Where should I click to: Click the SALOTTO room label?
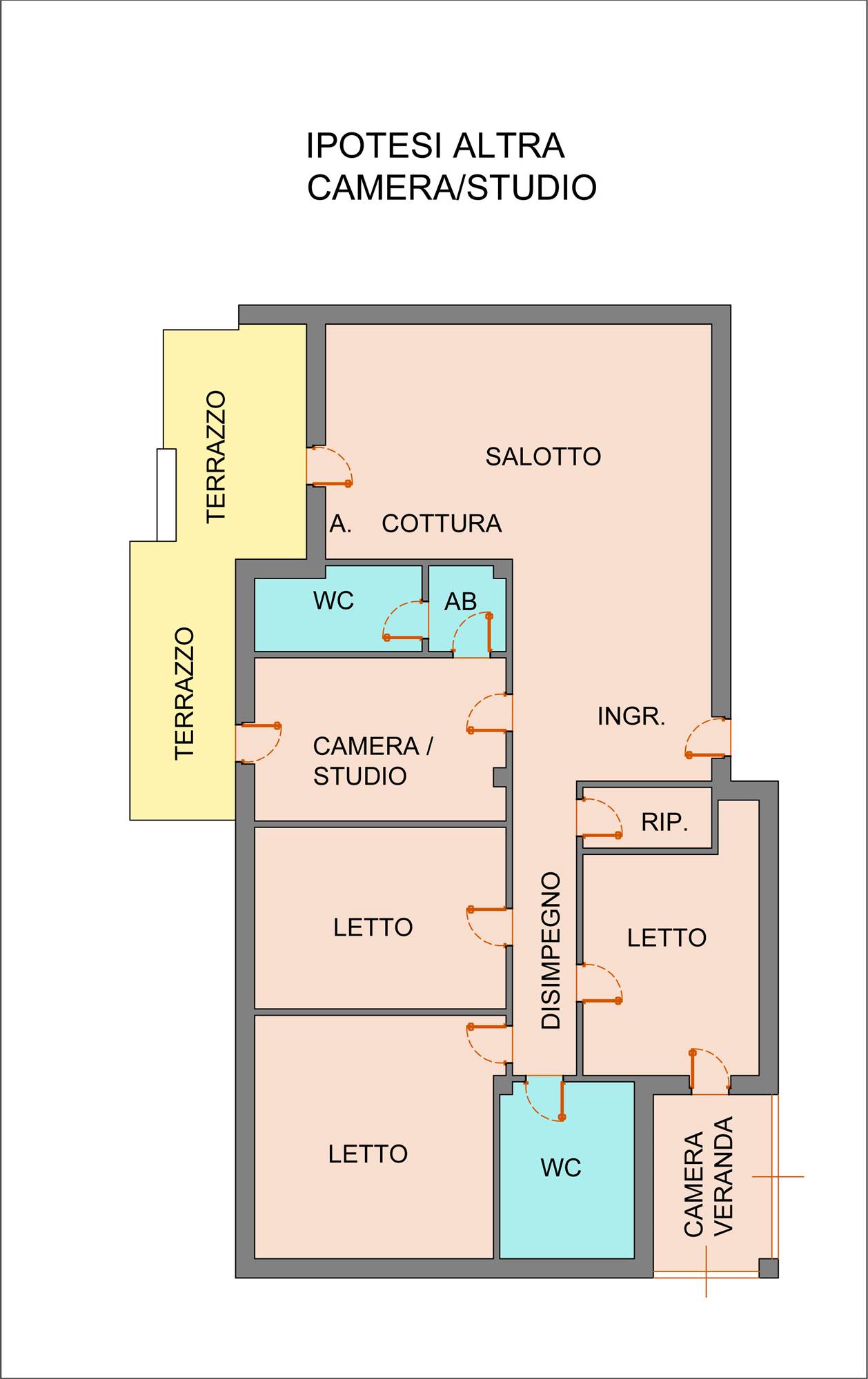click(x=543, y=456)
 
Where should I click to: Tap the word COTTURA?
click(x=442, y=524)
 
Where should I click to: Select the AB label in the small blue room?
click(x=460, y=602)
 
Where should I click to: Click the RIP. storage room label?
click(x=664, y=822)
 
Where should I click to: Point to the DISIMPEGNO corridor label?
click(x=551, y=951)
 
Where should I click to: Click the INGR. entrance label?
click(x=631, y=716)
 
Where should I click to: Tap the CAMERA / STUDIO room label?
click(x=373, y=761)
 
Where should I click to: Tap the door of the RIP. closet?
click(x=600, y=818)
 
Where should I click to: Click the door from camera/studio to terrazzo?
click(x=259, y=743)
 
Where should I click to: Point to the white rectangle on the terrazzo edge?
click(x=166, y=494)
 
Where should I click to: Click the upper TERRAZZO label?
click(x=216, y=456)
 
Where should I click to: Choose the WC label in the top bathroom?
click(x=333, y=601)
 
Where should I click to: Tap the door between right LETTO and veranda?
click(x=710, y=1071)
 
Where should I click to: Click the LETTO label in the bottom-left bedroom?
click(x=368, y=1154)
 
